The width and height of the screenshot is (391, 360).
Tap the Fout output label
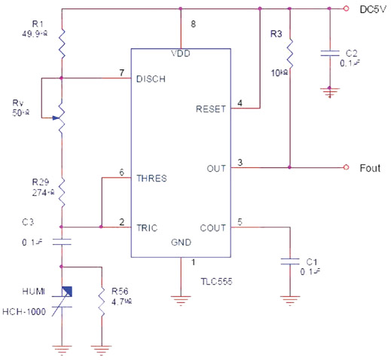[369, 166]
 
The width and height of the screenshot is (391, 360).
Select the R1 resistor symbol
[62, 44]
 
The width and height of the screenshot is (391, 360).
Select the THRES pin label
[151, 178]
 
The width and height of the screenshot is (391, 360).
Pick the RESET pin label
[211, 108]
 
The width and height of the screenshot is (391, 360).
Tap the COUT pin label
[213, 225]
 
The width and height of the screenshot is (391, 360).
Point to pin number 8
[193, 25]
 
